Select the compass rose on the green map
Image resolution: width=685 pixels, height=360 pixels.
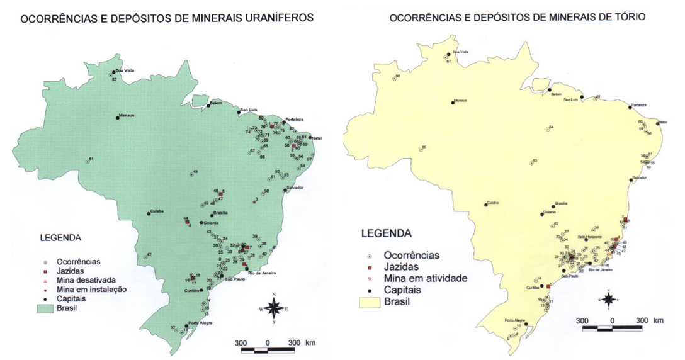tap(274, 308)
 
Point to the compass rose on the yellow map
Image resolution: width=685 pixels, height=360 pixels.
tap(609, 301)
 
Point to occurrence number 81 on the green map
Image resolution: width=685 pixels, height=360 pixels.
tap(91, 159)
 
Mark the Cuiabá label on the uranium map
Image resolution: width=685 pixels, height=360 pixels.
tap(157, 211)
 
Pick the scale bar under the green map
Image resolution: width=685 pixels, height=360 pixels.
tap(268, 349)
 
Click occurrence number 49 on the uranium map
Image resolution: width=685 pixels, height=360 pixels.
tap(195, 172)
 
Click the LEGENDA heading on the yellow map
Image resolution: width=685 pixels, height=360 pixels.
tap(386, 233)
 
